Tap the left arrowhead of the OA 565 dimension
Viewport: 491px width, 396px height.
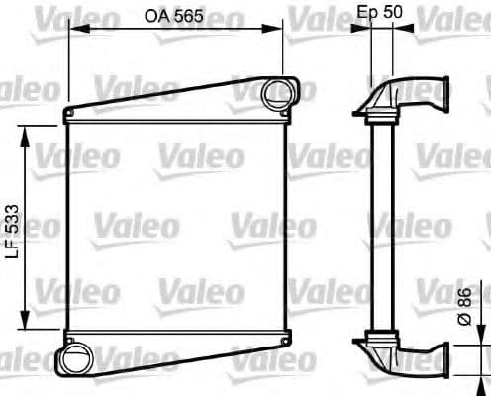[72, 28]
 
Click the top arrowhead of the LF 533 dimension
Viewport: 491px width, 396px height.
[27, 129]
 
